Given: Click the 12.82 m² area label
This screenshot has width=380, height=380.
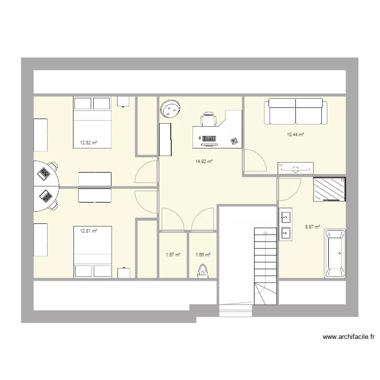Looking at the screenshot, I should [88, 143].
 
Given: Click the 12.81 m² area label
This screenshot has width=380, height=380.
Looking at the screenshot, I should [88, 231].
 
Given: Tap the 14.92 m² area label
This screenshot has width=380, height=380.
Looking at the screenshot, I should [204, 162].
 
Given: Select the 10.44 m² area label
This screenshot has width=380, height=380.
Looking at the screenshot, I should [295, 135].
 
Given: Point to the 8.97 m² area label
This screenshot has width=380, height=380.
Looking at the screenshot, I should [312, 227].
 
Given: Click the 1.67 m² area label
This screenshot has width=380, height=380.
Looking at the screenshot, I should [173, 255].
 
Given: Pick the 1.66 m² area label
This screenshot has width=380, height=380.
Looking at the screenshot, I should [203, 255].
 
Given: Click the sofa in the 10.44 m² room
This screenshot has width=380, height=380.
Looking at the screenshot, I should [295, 111].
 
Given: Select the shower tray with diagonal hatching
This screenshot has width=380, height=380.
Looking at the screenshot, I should [329, 189].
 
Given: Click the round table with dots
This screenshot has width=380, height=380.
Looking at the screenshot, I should [170, 108].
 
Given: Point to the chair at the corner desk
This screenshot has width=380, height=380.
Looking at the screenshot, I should [209, 120].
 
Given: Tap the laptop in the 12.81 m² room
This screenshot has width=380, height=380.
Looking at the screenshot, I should [47, 196].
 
